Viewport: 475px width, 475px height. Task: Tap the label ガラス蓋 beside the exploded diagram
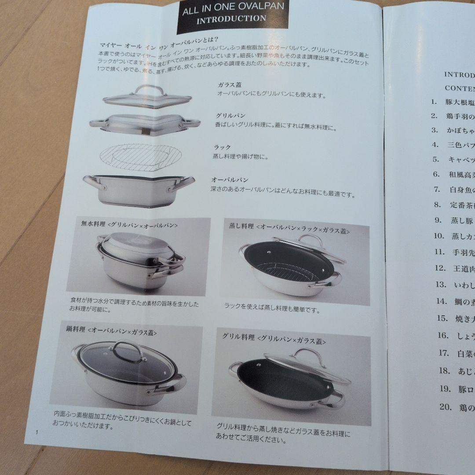pos(229,84)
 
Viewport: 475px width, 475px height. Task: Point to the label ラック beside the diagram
pos(223,147)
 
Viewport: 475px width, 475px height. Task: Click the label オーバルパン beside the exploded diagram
pos(230,179)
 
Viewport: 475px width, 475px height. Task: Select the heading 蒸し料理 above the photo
pos(241,226)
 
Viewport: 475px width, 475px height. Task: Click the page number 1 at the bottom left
pos(38,433)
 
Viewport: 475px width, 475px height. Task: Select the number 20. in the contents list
pos(445,407)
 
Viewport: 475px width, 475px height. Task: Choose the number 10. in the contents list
pos(439,236)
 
